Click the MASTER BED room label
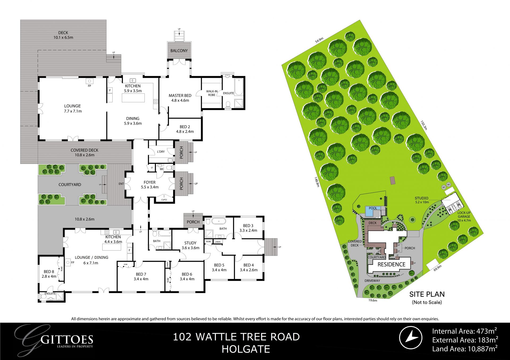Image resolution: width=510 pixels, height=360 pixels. pyautogui.click(x=180, y=98)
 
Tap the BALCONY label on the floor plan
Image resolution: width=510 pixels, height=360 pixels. pyautogui.click(x=179, y=50)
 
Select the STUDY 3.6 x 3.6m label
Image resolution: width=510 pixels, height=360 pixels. pyautogui.click(x=190, y=245)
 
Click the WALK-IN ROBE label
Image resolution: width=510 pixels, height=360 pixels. pyautogui.click(x=212, y=93)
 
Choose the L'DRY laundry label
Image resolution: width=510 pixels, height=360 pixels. pyautogui.click(x=161, y=152)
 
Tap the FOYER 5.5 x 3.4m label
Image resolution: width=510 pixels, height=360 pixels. pyautogui.click(x=150, y=185)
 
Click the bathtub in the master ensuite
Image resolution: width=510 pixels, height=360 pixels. pyautogui.click(x=239, y=87)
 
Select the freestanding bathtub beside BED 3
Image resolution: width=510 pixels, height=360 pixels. pyautogui.click(x=218, y=221)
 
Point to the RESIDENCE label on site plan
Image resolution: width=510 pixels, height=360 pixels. pyautogui.click(x=391, y=264)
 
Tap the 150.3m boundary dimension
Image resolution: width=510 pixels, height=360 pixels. pyautogui.click(x=424, y=125)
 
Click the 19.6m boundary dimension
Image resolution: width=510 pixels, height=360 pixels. pyautogui.click(x=373, y=301)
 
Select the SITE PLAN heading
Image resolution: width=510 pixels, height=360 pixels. pyautogui.click(x=427, y=294)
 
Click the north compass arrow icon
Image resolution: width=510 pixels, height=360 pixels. pyautogui.click(x=411, y=337)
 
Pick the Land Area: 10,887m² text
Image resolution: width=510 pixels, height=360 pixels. pyautogui.click(x=465, y=349)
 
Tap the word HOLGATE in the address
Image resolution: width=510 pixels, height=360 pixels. pyautogui.click(x=246, y=349)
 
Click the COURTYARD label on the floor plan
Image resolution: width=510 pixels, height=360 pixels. pyautogui.click(x=70, y=185)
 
